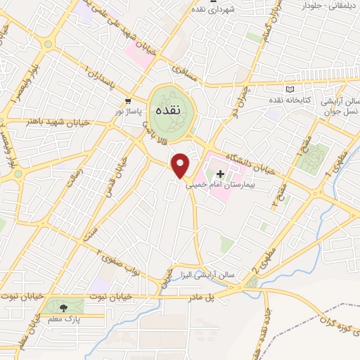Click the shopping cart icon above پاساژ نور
click(x=128, y=101)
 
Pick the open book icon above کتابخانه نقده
click(x=291, y=89)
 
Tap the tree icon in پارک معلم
click(x=65, y=307)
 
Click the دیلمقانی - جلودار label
click(x=324, y=6)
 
